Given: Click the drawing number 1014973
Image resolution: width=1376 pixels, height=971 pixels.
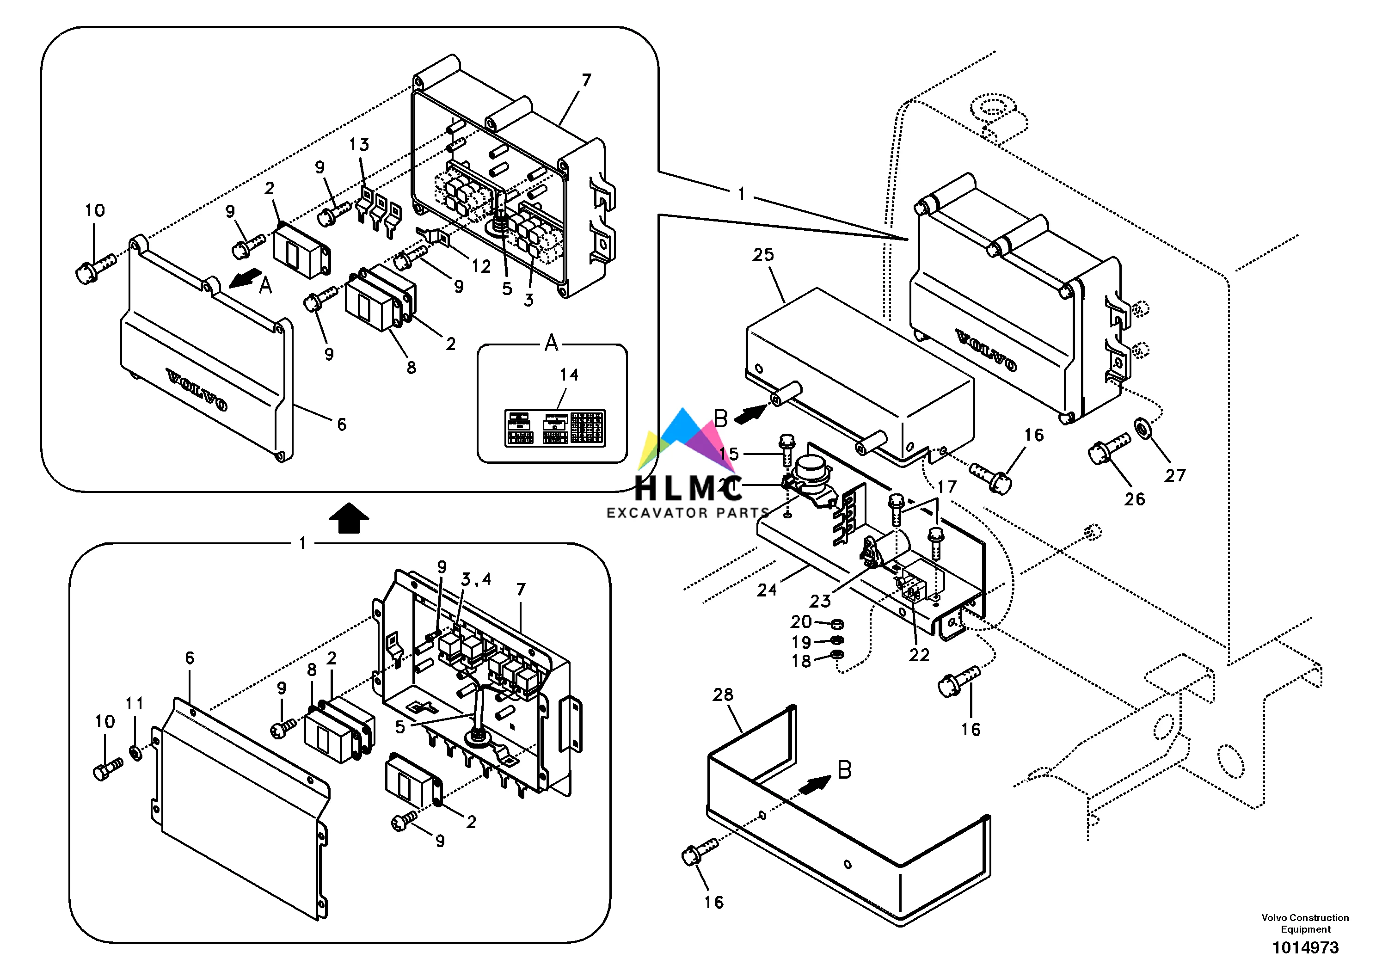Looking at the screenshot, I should pyautogui.click(x=1305, y=947).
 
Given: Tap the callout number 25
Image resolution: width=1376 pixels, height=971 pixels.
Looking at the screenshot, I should pyautogui.click(x=763, y=255).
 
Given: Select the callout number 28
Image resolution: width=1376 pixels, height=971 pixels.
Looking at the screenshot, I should pyautogui.click(x=723, y=694).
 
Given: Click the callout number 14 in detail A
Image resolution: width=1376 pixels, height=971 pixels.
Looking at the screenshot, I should pyautogui.click(x=569, y=375).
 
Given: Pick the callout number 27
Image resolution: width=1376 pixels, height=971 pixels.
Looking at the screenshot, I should pyautogui.click(x=1174, y=475).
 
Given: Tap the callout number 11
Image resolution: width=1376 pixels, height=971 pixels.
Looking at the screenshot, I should pyautogui.click(x=134, y=703).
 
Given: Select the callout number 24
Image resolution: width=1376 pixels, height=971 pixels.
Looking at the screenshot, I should pyautogui.click(x=767, y=590).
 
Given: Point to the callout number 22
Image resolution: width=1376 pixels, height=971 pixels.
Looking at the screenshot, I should pyautogui.click(x=919, y=655).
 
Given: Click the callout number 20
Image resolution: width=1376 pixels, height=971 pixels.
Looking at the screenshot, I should pyautogui.click(x=801, y=622).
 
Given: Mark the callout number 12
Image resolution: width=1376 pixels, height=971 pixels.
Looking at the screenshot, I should pyautogui.click(x=481, y=266).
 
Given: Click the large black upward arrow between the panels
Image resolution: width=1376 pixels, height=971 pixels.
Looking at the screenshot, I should pyautogui.click(x=349, y=518).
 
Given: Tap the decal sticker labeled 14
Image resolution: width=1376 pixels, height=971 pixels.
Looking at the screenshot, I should pyautogui.click(x=554, y=427).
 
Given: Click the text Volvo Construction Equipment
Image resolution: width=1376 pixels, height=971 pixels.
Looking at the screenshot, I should pyautogui.click(x=1305, y=923).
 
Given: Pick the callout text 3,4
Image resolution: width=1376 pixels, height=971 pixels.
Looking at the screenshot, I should pyautogui.click(x=476, y=579).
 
